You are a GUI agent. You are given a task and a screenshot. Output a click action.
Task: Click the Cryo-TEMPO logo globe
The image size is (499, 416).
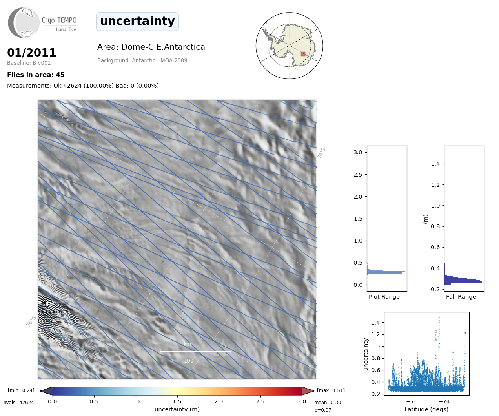[x=24, y=23]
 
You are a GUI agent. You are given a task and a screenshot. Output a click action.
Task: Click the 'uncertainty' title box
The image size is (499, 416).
[x=137, y=21]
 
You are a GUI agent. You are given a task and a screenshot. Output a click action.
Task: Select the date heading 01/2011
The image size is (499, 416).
[x=32, y=53]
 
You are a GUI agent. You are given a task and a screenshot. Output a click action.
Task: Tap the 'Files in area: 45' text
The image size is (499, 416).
[x=36, y=75]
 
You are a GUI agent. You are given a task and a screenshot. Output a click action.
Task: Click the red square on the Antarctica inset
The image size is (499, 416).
[x=303, y=54]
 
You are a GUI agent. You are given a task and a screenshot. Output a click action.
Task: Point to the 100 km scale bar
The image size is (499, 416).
[x=195, y=352]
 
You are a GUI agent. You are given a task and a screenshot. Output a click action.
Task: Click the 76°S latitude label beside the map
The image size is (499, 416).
[x=31, y=321]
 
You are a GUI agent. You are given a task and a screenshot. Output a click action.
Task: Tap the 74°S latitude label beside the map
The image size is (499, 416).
[x=322, y=153]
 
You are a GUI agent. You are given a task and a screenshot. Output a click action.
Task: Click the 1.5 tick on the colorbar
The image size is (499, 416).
[x=177, y=401]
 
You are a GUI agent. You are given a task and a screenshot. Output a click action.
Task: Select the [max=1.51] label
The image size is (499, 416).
[x=331, y=390]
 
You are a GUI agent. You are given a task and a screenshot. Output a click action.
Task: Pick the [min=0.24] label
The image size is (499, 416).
[x=21, y=390]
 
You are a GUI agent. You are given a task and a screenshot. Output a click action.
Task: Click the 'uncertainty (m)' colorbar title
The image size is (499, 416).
[x=177, y=409]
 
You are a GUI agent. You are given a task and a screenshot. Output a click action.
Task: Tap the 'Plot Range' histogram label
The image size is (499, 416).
[x=384, y=297]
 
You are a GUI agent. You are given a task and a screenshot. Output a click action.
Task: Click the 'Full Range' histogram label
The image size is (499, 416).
[x=461, y=297]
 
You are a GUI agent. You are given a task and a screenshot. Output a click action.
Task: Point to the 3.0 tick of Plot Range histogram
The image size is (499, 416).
[x=358, y=152]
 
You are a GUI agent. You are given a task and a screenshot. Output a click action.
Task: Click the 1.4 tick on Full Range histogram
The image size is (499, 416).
[x=435, y=164]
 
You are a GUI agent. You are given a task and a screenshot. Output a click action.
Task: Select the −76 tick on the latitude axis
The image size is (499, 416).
[x=412, y=401]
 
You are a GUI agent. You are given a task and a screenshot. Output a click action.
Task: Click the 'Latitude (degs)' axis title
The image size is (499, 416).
[x=426, y=409]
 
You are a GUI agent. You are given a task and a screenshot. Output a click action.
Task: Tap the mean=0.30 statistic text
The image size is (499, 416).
[x=328, y=403]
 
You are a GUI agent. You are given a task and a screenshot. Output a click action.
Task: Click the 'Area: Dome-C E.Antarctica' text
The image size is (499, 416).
[x=151, y=47]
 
